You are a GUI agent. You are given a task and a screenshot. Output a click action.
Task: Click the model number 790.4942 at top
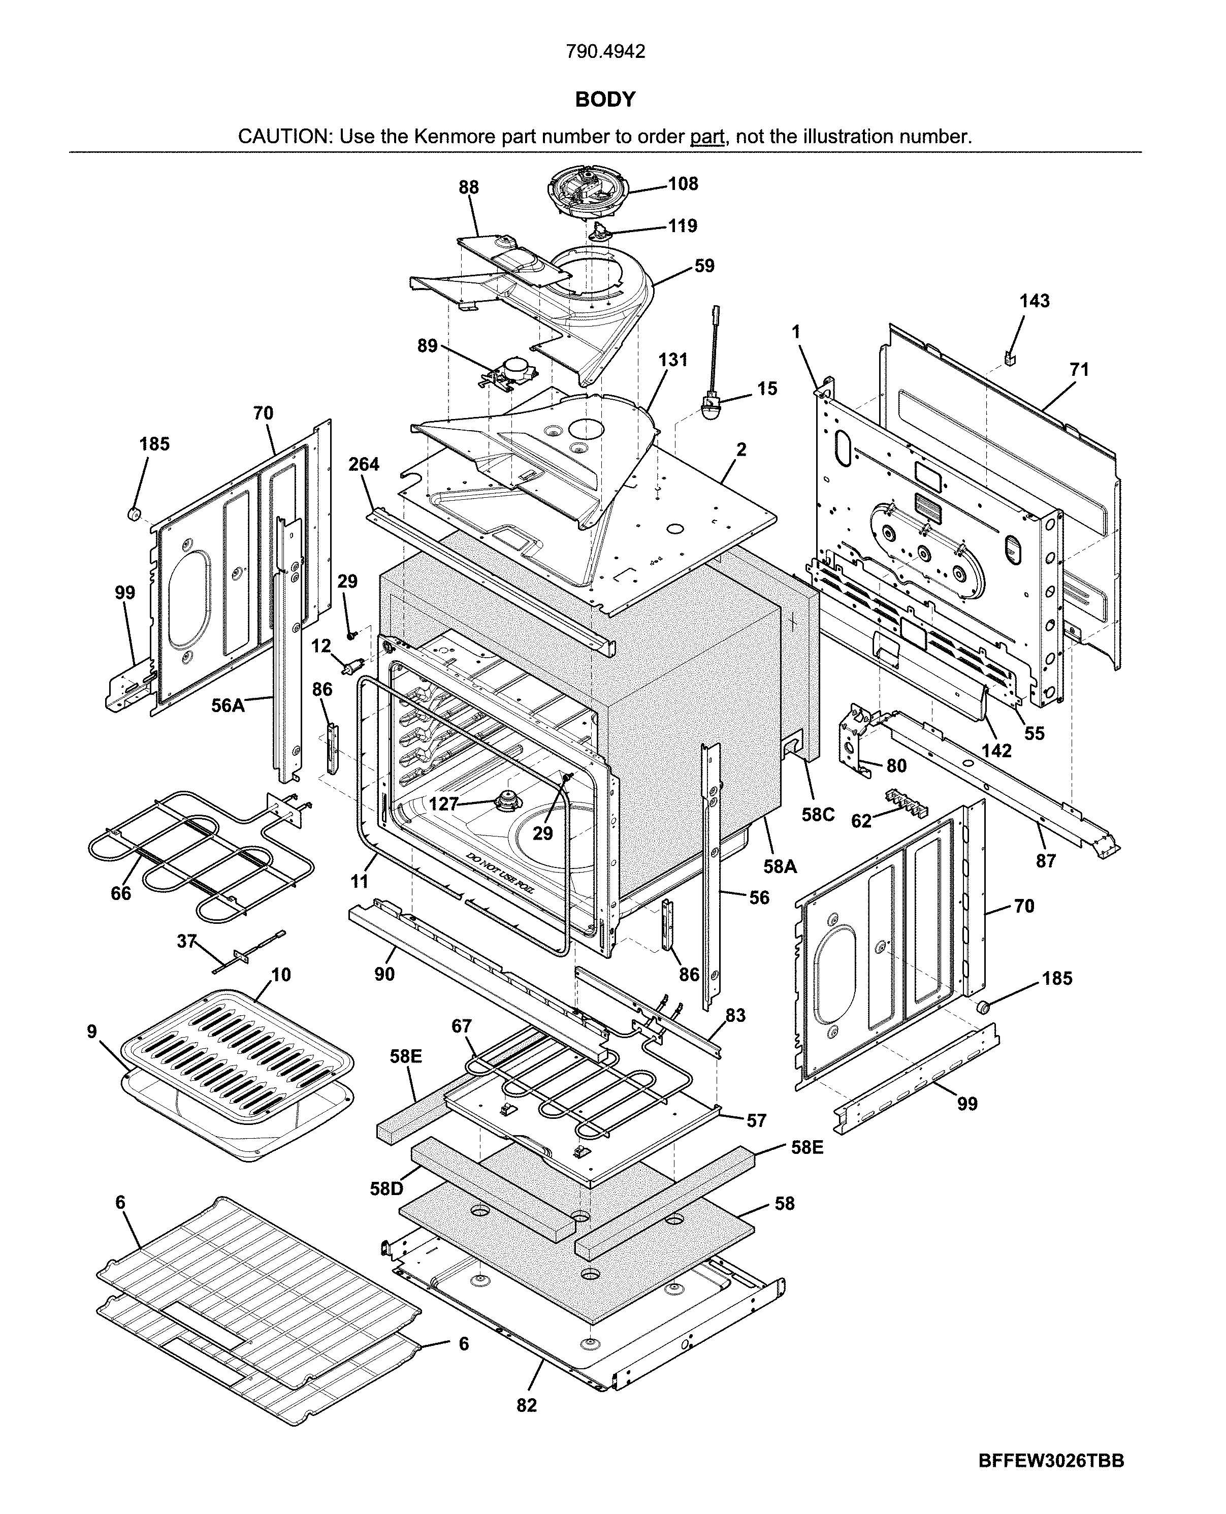click(x=605, y=51)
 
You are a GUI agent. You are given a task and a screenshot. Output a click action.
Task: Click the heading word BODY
click(x=605, y=100)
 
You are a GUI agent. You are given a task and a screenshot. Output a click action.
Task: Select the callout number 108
click(x=683, y=184)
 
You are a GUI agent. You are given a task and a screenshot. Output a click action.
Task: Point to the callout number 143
click(x=1034, y=302)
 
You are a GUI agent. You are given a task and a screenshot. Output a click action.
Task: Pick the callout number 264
click(x=364, y=465)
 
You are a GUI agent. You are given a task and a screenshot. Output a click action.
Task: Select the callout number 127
click(x=443, y=803)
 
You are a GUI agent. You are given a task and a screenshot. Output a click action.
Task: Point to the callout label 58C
click(x=818, y=815)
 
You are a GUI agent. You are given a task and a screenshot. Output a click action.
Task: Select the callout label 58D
click(x=386, y=1188)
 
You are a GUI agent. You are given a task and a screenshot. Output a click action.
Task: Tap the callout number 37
click(x=186, y=941)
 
